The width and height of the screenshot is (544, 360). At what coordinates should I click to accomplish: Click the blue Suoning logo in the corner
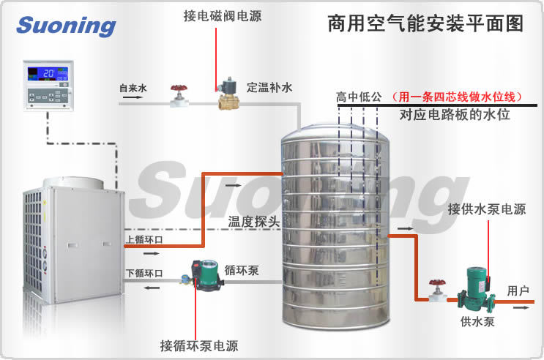66,26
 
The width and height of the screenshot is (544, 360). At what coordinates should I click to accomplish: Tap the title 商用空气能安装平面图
425,23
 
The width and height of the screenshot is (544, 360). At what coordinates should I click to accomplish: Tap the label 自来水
133,88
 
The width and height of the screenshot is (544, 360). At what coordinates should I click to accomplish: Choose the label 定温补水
269,88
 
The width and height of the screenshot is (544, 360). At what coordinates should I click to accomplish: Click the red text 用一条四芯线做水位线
455,97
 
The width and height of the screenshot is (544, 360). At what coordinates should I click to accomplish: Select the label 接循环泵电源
199,345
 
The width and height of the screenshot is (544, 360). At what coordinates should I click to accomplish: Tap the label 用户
518,291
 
